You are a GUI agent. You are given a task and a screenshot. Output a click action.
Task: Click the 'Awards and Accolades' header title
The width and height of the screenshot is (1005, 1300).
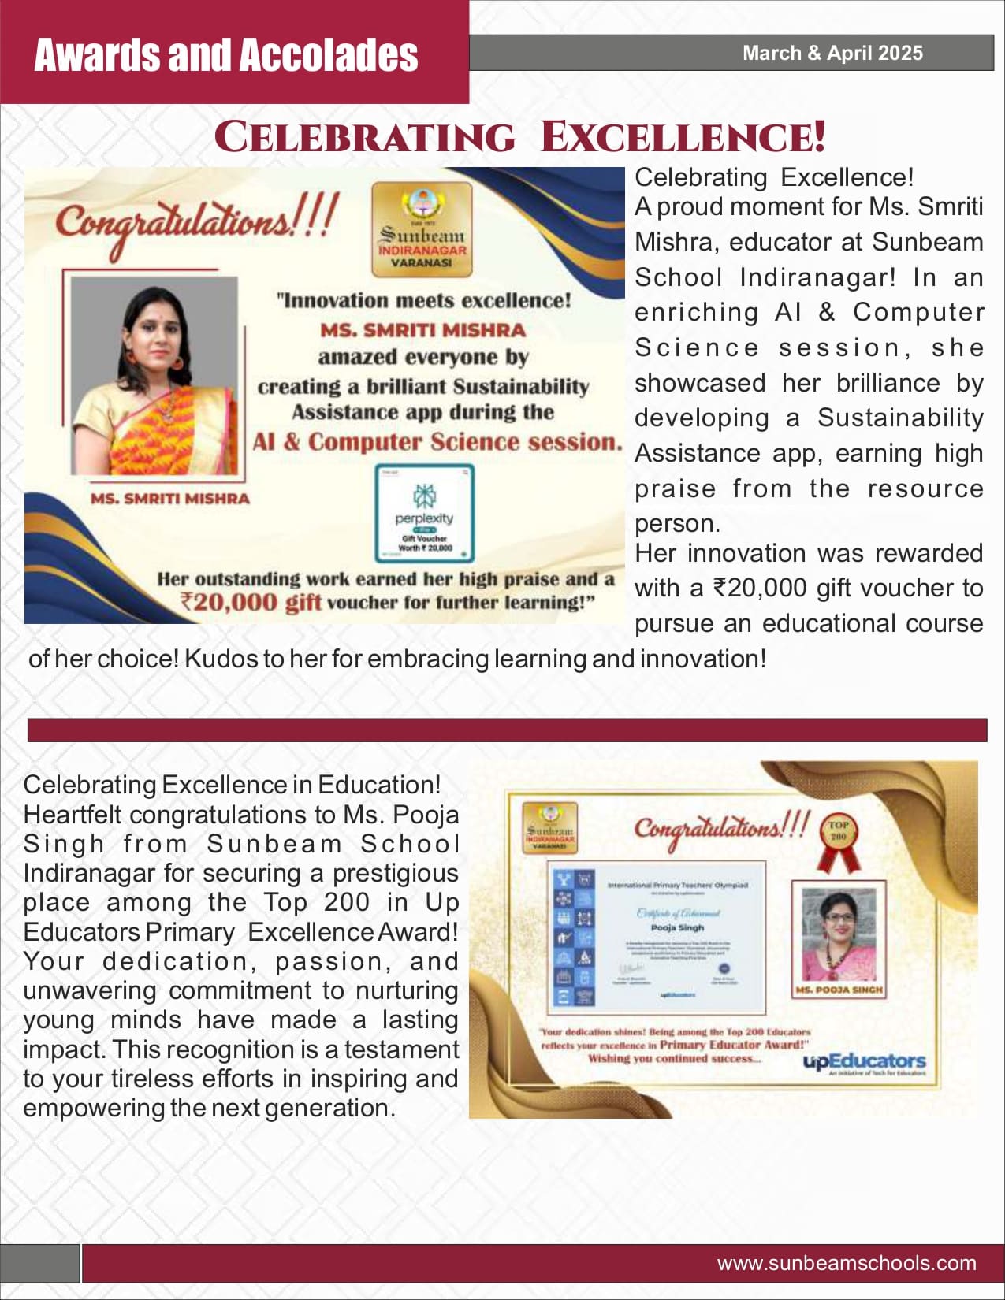(226, 55)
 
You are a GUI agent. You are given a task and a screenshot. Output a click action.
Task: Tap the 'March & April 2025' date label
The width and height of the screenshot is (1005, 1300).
(832, 53)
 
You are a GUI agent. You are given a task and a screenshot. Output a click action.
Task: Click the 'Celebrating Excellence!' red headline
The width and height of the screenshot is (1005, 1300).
(520, 137)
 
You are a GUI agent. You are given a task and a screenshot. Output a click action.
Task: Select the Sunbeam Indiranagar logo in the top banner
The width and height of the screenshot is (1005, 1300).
(422, 229)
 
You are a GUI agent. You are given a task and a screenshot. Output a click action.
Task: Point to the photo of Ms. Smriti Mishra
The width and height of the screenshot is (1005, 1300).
(154, 377)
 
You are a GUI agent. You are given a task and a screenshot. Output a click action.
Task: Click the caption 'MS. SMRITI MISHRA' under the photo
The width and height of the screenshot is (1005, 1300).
(169, 499)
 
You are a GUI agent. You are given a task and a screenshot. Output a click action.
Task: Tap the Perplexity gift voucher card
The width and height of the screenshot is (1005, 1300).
(424, 513)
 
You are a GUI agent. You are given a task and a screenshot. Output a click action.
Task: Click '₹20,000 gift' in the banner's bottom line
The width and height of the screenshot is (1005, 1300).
(251, 603)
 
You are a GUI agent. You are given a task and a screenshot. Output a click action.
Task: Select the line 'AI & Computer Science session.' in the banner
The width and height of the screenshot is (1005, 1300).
(437, 442)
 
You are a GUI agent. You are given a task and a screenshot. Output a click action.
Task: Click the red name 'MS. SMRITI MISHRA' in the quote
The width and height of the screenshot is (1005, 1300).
(422, 330)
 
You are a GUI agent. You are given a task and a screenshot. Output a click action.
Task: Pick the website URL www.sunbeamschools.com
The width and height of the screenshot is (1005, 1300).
(846, 1263)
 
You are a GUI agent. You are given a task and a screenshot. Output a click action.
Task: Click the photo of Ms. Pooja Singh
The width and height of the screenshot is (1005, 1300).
(839, 934)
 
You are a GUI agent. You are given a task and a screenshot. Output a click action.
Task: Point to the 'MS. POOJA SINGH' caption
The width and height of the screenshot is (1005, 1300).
(839, 990)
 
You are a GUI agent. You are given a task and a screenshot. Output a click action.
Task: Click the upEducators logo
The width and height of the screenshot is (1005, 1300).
(864, 1062)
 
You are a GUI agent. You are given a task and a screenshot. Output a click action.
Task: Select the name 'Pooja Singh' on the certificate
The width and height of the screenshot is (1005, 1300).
(677, 927)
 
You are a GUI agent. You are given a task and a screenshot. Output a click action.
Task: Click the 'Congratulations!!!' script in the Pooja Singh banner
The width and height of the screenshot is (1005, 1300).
(721, 829)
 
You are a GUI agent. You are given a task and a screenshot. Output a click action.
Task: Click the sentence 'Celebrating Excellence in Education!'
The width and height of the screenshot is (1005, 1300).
(232, 785)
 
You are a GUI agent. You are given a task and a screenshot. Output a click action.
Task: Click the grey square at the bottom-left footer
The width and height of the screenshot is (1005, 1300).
(40, 1263)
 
